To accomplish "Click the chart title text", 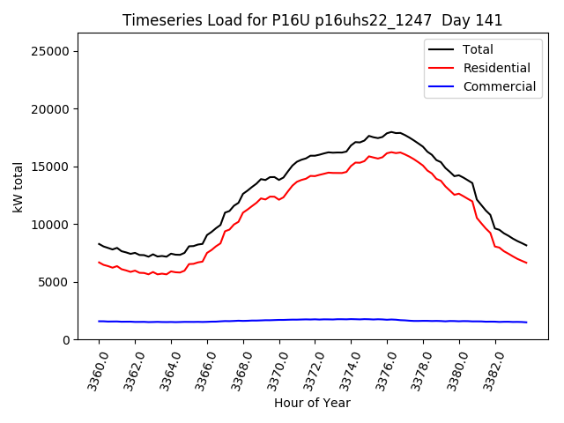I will click(x=311, y=20).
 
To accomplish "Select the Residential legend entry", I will click(x=496, y=68).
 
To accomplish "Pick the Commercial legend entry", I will click(x=499, y=86).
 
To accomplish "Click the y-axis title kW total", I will click(x=19, y=186).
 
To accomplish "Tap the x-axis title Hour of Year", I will click(x=312, y=404).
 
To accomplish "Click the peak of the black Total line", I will click(x=390, y=131).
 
